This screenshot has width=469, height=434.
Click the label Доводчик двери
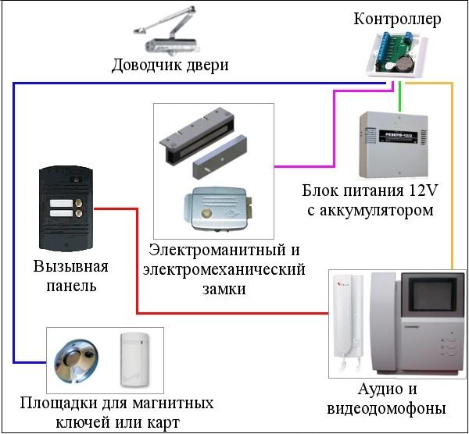coord(170,65)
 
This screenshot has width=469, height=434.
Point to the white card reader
coord(134,358)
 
